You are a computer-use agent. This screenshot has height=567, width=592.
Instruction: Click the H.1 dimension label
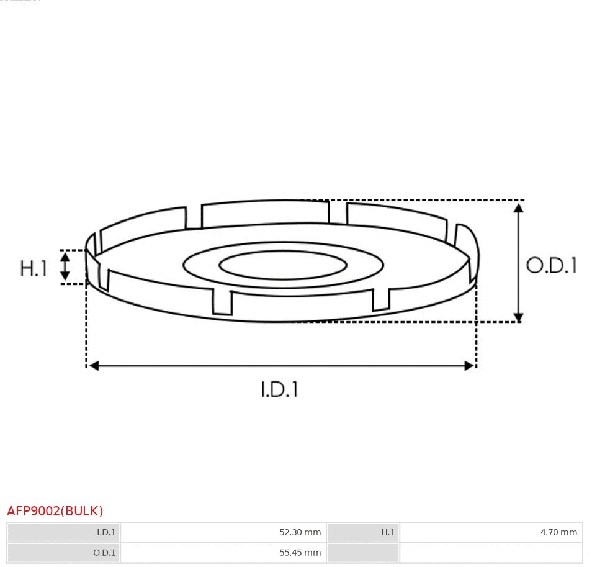pyautogui.click(x=34, y=268)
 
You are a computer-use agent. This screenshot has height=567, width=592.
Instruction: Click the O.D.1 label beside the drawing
pyautogui.click(x=551, y=266)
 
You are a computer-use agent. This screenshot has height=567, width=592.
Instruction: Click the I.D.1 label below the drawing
pyautogui.click(x=279, y=389)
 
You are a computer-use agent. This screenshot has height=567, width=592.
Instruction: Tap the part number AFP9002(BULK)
pyautogui.click(x=55, y=511)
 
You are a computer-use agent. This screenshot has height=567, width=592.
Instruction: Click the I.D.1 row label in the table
pyautogui.click(x=106, y=532)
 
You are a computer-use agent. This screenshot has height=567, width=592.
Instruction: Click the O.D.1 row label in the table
pyautogui.click(x=104, y=552)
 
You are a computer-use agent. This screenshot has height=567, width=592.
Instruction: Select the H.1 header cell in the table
pyautogui.click(x=388, y=532)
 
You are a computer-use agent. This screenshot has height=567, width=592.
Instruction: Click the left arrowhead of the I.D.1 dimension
pyautogui.click(x=94, y=366)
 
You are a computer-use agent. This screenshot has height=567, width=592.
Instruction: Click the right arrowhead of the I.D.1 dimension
pyautogui.click(x=469, y=366)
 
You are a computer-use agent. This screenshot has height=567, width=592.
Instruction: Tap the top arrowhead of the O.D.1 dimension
pyautogui.click(x=519, y=207)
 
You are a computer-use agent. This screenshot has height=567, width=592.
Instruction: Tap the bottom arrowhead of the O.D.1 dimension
pyautogui.click(x=519, y=317)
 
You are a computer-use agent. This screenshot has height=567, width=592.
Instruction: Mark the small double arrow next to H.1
pyautogui.click(x=65, y=266)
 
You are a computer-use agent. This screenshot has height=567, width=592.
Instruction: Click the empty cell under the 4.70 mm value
pyautogui.click(x=491, y=552)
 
